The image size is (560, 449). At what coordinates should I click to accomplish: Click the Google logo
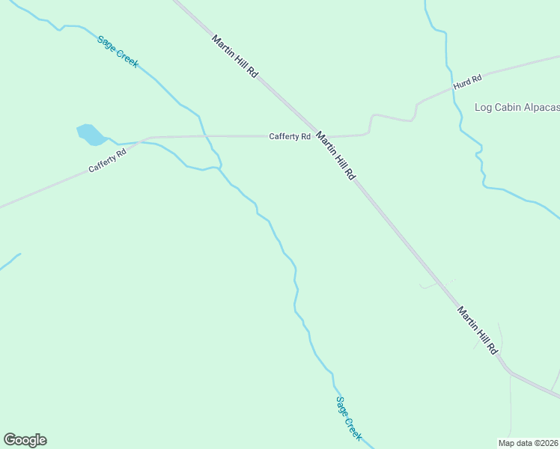[25, 440]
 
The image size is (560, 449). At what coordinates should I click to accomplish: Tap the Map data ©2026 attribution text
[529, 442]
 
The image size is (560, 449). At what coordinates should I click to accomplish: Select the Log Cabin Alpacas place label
[517, 107]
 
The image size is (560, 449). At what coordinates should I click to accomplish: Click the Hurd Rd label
[467, 82]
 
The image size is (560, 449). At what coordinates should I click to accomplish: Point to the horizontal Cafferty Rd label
[290, 136]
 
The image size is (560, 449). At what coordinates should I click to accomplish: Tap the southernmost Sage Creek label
[349, 418]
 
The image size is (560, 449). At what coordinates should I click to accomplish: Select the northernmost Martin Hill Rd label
[235, 56]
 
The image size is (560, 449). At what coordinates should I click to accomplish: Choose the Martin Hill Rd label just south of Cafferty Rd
[335, 156]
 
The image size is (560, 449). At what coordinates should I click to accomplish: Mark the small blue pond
[91, 134]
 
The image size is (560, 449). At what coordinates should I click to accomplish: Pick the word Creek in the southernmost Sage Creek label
[354, 427]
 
